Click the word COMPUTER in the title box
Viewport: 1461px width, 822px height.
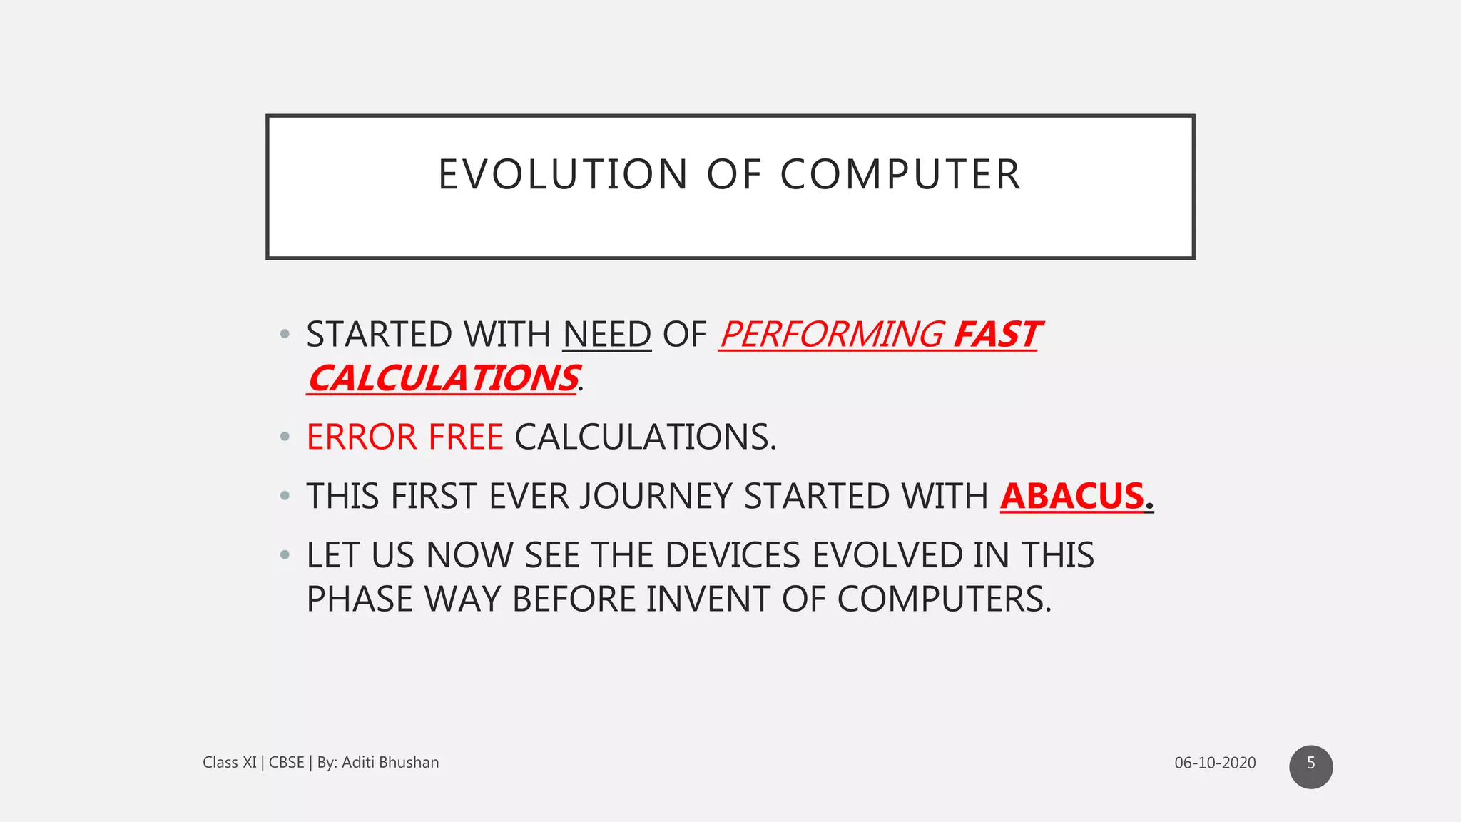pyautogui.click(x=900, y=175)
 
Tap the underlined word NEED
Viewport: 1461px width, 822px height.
pyautogui.click(x=607, y=335)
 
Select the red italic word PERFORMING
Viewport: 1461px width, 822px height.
pyautogui.click(x=831, y=335)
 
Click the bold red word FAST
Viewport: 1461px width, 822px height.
pyautogui.click(x=997, y=335)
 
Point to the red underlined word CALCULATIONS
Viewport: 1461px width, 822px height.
pyautogui.click(x=443, y=378)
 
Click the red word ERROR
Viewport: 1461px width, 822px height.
pyautogui.click(x=362, y=437)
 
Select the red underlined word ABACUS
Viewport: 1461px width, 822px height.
pyautogui.click(x=1072, y=496)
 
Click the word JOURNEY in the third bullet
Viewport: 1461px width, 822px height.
pyautogui.click(x=656, y=496)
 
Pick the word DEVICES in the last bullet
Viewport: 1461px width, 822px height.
pyautogui.click(x=733, y=555)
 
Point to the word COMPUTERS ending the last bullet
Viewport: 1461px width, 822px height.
pyautogui.click(x=943, y=599)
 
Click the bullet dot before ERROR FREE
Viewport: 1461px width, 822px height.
pyautogui.click(x=285, y=436)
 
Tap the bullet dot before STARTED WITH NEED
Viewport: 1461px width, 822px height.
pyautogui.click(x=285, y=333)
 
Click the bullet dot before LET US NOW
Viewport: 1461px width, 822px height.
pyautogui.click(x=285, y=554)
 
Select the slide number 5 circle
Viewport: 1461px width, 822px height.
pyautogui.click(x=1310, y=766)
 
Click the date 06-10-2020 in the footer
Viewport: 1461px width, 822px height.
pyautogui.click(x=1215, y=763)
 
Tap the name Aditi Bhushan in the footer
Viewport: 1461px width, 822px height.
pyautogui.click(x=390, y=763)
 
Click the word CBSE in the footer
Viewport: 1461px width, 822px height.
pyautogui.click(x=286, y=763)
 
